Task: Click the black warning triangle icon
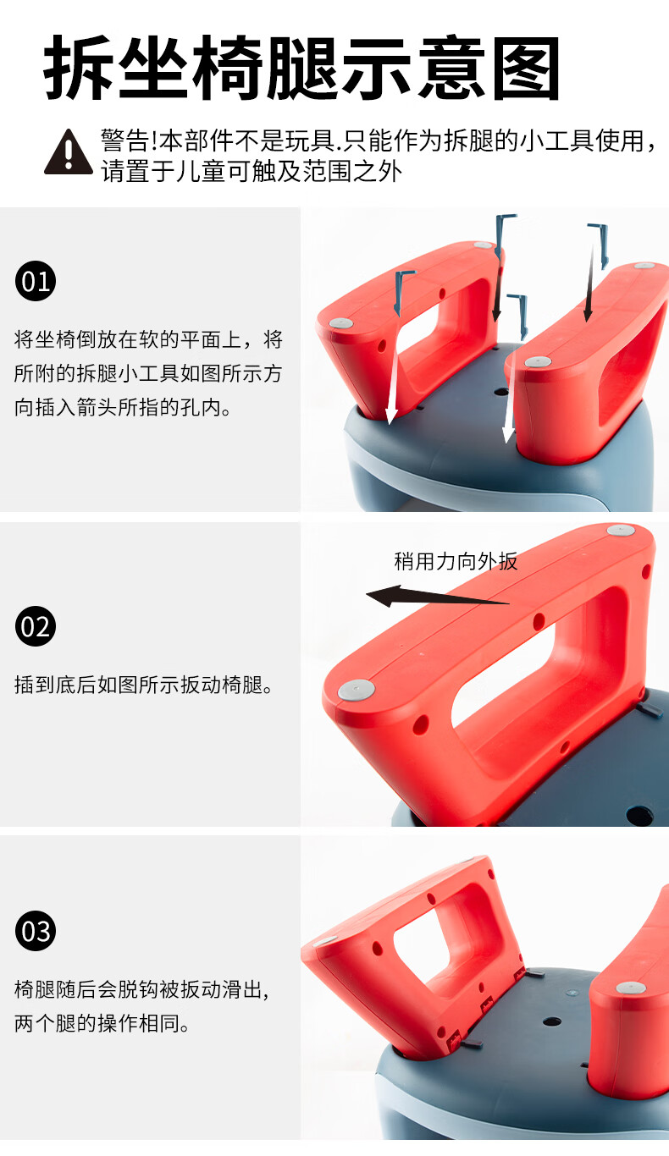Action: (x=68, y=152)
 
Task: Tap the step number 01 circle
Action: (x=36, y=281)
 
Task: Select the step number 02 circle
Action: (x=36, y=627)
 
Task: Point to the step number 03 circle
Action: (x=36, y=932)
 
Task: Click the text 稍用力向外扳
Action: (x=456, y=561)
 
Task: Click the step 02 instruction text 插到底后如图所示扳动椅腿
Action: (x=145, y=685)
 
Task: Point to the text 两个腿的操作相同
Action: (x=102, y=1024)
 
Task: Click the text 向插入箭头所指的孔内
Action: (x=122, y=408)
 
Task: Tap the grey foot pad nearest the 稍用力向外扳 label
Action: (x=620, y=531)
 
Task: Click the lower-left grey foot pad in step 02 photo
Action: (x=356, y=691)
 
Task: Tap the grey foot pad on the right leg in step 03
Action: (x=629, y=988)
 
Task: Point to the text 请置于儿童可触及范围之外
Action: (x=252, y=173)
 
